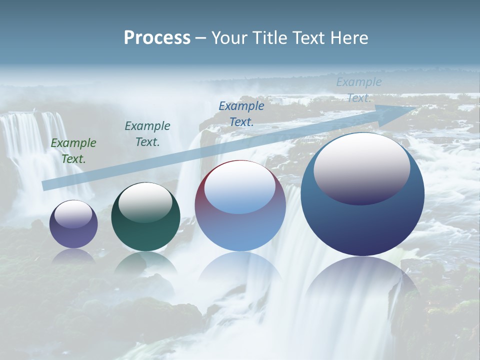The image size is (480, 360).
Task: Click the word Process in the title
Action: tap(157, 38)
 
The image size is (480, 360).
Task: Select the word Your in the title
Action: tap(227, 38)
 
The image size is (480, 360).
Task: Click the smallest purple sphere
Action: tap(73, 235)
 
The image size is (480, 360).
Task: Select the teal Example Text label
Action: tap(147, 134)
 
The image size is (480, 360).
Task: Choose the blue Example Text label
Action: tap(241, 113)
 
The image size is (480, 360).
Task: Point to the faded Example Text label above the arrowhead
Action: tap(359, 90)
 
